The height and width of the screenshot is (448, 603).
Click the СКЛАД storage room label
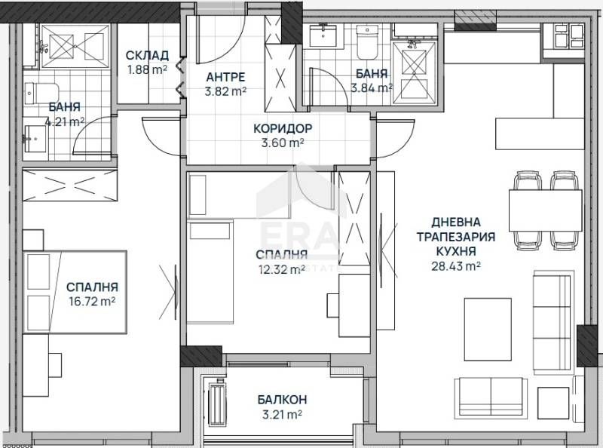click(148, 56)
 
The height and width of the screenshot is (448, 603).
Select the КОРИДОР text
click(283, 127)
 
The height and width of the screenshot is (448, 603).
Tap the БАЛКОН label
click(280, 399)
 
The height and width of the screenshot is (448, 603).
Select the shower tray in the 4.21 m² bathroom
click(75, 46)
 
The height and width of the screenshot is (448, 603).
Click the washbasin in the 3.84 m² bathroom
click(325, 35)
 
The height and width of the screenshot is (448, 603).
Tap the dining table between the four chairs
click(545, 210)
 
